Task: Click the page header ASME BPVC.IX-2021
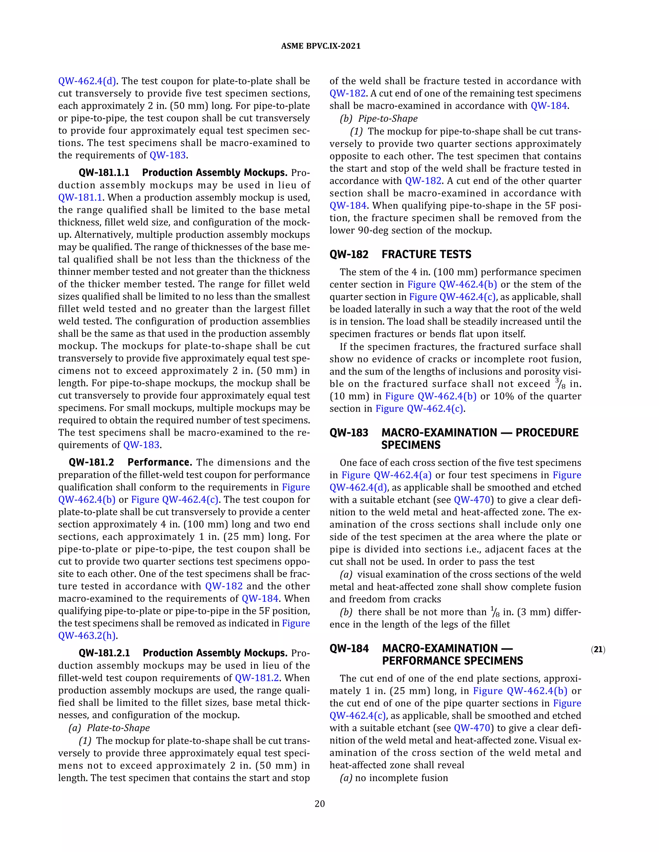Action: click(x=320, y=46)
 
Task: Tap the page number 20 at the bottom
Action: click(x=320, y=804)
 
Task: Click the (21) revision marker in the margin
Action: click(x=598, y=649)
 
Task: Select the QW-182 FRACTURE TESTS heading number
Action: click(x=348, y=254)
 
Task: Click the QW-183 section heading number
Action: click(x=348, y=433)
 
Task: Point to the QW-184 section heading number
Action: click(x=348, y=648)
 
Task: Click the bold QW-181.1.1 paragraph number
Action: click(x=104, y=173)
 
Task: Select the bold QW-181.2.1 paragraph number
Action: click(x=104, y=653)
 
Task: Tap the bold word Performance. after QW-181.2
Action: click(x=160, y=462)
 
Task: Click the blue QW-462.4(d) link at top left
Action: click(x=87, y=81)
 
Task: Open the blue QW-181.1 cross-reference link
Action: click(x=80, y=198)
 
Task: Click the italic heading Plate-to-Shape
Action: click(x=118, y=728)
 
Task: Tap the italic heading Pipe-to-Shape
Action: click(x=388, y=119)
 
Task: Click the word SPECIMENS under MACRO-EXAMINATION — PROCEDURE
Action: click(x=411, y=445)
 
